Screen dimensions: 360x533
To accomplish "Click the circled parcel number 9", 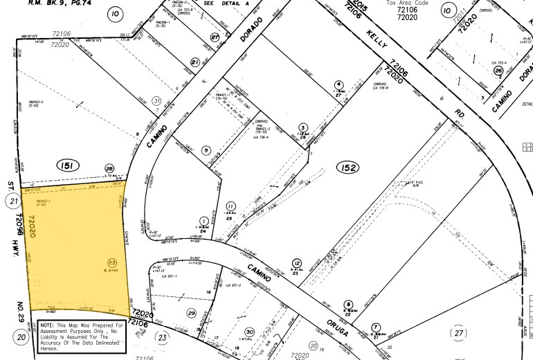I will (x=206, y=150).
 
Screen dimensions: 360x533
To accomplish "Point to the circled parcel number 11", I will (x=231, y=206).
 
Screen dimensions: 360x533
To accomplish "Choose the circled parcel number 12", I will (x=297, y=263).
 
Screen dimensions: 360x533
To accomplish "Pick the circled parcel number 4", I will (x=338, y=84).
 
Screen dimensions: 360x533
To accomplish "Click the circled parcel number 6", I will (x=348, y=304).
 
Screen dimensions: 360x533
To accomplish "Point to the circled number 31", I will (x=156, y=100).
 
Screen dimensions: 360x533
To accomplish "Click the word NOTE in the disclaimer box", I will (x=48, y=325).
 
